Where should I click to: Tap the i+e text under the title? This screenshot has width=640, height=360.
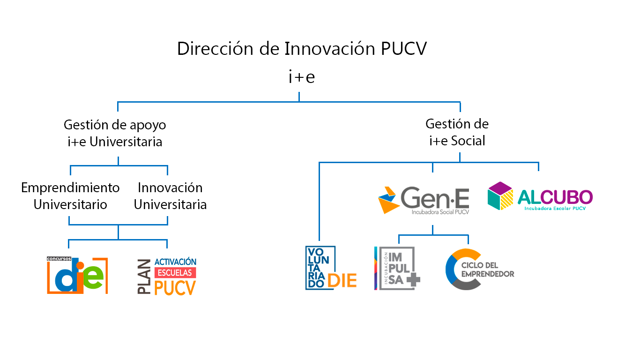click(301, 77)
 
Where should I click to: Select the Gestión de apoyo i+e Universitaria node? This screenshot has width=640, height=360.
click(115, 133)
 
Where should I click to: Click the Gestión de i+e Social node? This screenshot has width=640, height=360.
click(457, 132)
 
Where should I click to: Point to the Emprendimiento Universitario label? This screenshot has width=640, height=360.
click(70, 196)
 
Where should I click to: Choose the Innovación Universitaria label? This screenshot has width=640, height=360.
click(170, 196)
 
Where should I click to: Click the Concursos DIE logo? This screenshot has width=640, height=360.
click(77, 275)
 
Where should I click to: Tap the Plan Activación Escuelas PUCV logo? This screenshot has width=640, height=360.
click(167, 277)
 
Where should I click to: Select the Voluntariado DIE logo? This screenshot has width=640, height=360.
click(331, 268)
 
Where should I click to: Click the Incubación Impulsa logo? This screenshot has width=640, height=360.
click(397, 268)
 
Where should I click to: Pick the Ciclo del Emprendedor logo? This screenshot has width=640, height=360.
click(479, 270)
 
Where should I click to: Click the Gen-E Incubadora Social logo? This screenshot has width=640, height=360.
click(424, 199)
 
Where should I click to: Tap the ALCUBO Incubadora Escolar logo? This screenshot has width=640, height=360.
click(540, 196)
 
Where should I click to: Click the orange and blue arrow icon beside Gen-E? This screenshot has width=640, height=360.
click(388, 199)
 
